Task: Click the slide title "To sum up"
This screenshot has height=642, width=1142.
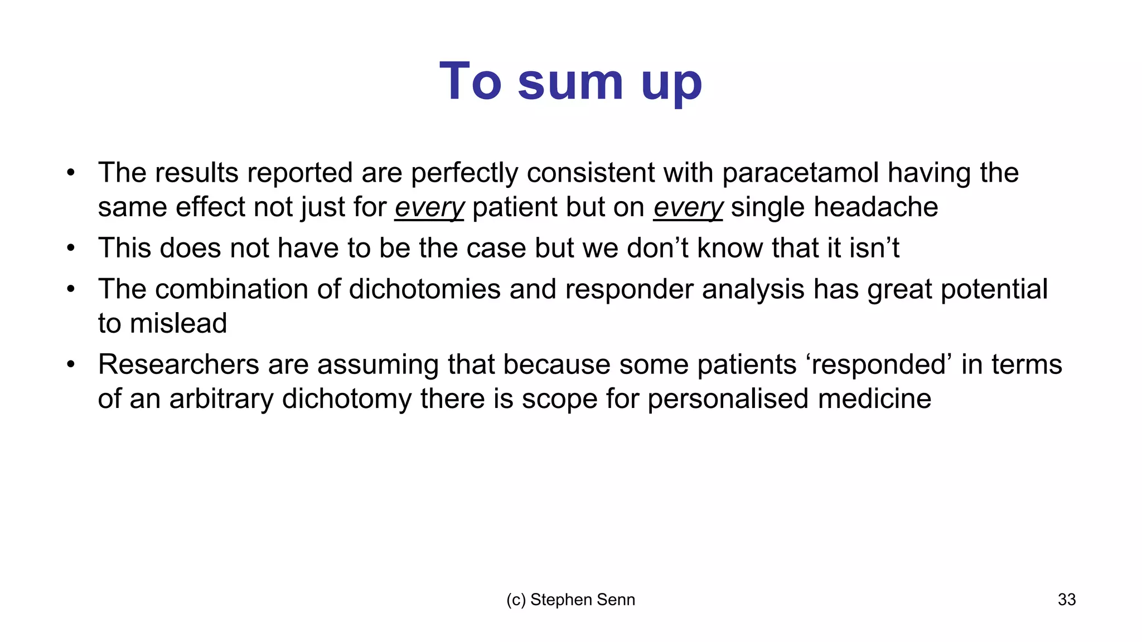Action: (570, 82)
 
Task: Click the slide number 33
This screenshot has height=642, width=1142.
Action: (1066, 600)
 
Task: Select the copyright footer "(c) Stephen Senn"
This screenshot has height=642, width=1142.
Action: (570, 600)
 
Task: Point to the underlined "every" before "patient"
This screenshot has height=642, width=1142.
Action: (429, 207)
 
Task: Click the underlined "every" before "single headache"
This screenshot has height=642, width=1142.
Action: (688, 207)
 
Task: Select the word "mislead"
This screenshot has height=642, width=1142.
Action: (178, 324)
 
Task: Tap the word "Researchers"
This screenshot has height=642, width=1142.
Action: (178, 365)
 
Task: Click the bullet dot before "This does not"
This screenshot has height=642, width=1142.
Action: (70, 248)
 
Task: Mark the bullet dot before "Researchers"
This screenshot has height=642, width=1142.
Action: (70, 365)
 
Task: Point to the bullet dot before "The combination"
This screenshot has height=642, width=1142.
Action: (70, 289)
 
